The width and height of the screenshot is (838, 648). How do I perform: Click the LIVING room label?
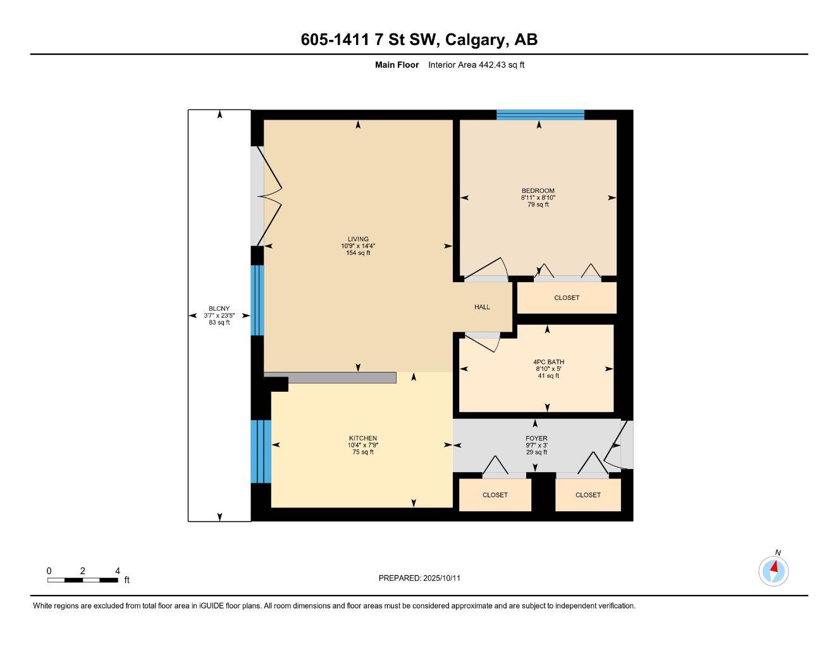pos(358,239)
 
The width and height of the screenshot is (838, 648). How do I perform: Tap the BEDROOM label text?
pos(538,190)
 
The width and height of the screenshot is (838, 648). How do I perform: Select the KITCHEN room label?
pos(363,439)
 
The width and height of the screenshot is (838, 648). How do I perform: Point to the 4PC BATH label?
pos(548,363)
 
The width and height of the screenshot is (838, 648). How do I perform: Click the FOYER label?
pos(536,439)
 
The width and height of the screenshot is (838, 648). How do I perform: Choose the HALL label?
pos(482,307)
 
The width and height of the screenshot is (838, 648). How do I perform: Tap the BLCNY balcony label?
pos(219,309)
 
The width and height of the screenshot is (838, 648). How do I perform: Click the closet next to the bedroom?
pos(567,297)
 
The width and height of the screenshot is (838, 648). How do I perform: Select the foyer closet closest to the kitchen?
pos(495,495)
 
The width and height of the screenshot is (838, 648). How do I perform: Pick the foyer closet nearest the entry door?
pos(588,495)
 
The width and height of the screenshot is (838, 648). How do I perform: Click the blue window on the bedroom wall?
pos(540,115)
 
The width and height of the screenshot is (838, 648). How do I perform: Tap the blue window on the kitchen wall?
pos(261,451)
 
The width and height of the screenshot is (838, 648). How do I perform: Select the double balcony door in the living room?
pos(268,196)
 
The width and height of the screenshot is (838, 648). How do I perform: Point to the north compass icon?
pos(773,570)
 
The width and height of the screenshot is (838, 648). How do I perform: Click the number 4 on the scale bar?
pos(118,571)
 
